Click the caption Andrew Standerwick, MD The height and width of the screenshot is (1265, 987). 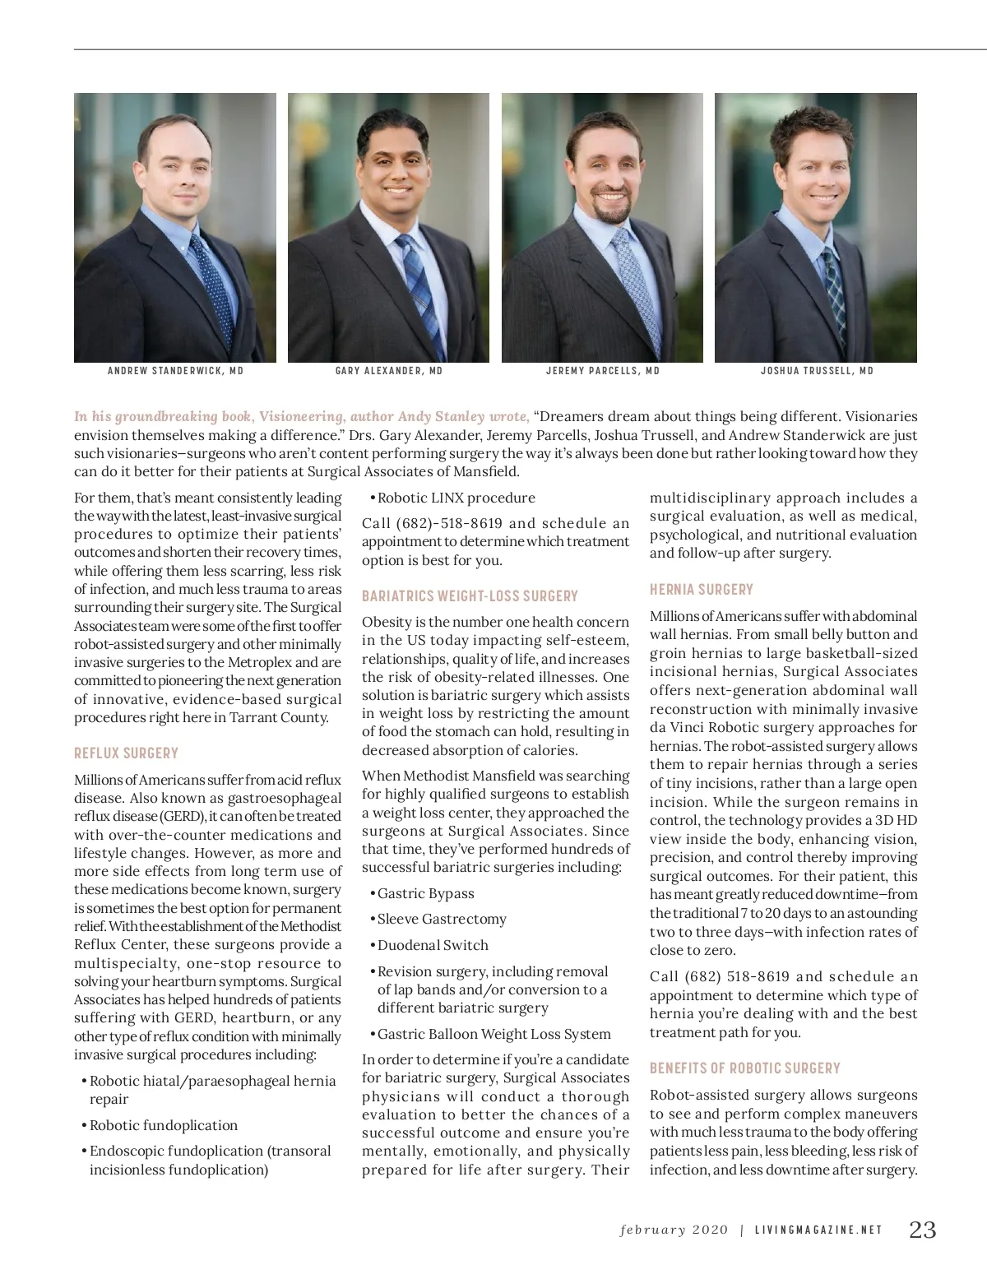(x=175, y=371)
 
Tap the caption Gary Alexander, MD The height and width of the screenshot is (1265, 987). (x=389, y=371)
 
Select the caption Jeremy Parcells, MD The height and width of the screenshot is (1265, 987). (x=603, y=371)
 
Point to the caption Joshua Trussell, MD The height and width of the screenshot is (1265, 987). (x=817, y=371)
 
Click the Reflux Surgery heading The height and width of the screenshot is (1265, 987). (x=126, y=753)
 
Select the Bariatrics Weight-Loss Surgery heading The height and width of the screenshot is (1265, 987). (x=470, y=595)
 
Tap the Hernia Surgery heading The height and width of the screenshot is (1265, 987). (x=701, y=589)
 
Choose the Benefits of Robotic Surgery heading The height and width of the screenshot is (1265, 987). (x=744, y=1068)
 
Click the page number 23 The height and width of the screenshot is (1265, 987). (x=922, y=1230)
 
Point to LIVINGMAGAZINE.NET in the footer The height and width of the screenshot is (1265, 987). (x=818, y=1231)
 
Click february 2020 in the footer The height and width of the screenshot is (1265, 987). (x=674, y=1231)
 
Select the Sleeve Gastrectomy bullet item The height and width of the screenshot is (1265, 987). (x=442, y=919)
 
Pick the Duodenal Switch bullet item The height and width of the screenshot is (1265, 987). (x=433, y=945)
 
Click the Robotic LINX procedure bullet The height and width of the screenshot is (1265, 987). (x=456, y=498)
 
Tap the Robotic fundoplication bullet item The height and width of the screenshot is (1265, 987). (x=163, y=1125)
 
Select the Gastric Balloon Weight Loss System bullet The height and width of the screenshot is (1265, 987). (x=493, y=1034)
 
